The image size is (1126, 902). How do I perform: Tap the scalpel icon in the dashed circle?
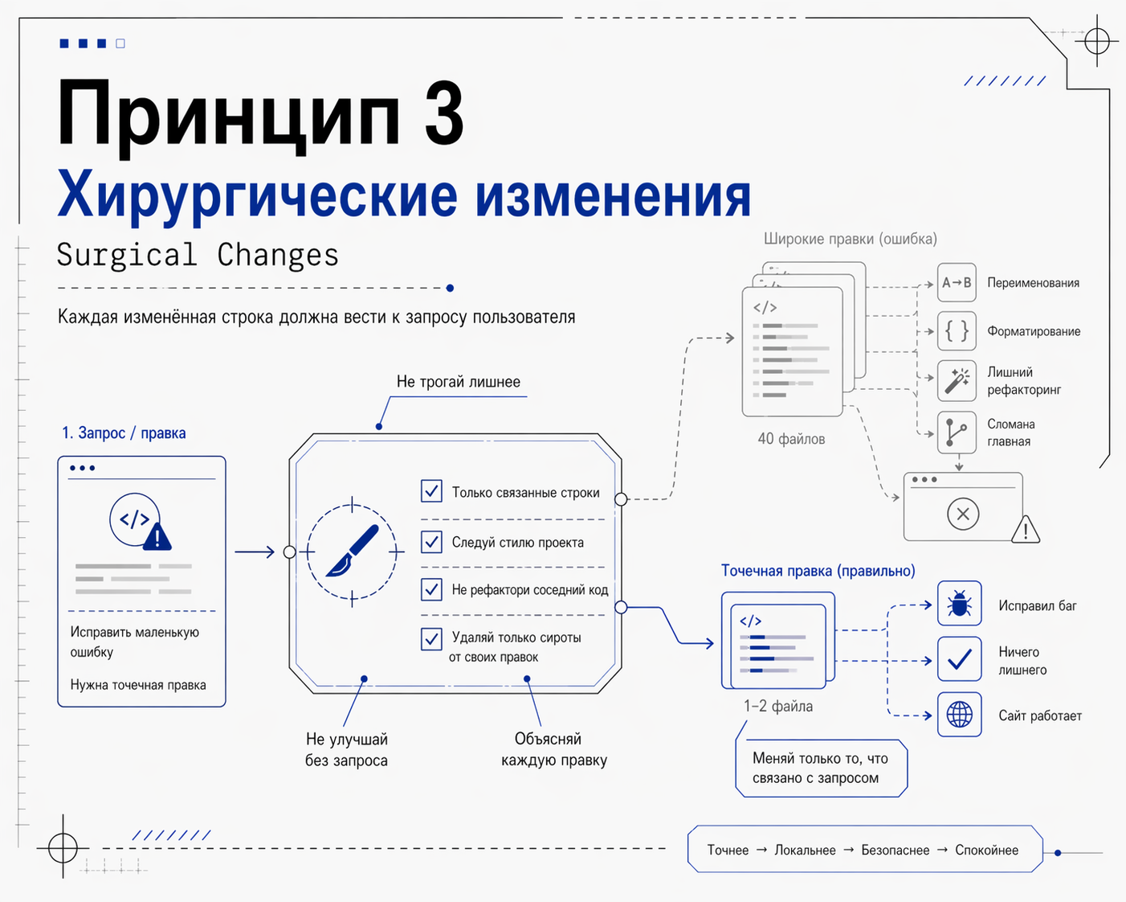[x=353, y=551]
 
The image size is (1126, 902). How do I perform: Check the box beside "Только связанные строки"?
[x=431, y=490]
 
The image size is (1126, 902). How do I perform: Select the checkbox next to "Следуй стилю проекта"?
[x=431, y=541]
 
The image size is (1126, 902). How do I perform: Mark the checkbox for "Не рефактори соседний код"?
[x=431, y=589]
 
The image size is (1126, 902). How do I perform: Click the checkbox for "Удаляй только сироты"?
[x=431, y=638]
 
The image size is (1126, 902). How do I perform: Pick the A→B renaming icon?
[x=957, y=283]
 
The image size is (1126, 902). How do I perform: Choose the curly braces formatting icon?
[x=957, y=331]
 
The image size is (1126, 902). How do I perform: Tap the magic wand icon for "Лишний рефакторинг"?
[x=957, y=380]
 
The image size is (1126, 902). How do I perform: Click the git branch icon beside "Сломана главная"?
[x=957, y=432]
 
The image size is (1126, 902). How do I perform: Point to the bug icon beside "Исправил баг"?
[x=959, y=604]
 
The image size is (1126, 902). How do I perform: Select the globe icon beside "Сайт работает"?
[x=959, y=714]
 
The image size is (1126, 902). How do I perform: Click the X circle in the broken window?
[x=963, y=514]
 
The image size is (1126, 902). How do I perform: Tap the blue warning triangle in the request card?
[x=157, y=537]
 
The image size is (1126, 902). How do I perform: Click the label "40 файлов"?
[x=791, y=439]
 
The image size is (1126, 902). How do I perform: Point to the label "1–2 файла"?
[x=777, y=706]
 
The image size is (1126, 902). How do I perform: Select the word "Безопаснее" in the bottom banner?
[x=895, y=850]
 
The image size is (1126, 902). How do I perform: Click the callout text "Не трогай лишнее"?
[x=458, y=382]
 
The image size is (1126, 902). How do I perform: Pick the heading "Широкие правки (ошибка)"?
[x=850, y=239]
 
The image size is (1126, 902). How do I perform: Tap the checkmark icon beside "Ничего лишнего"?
[x=959, y=659]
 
